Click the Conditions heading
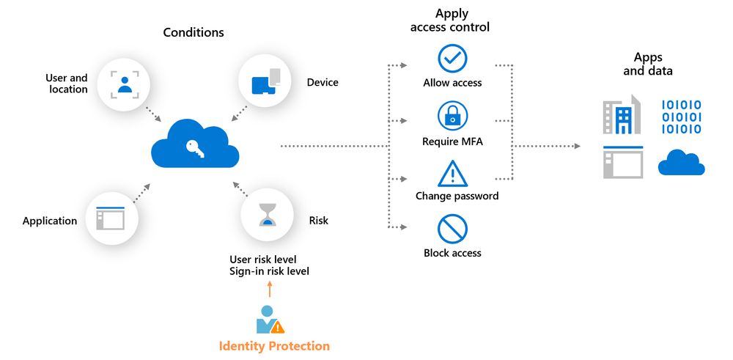coord(194,32)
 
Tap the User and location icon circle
coord(125,82)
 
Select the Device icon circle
coord(266,81)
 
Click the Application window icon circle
coord(111,218)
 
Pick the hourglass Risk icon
coord(268,215)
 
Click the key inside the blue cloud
coord(195,146)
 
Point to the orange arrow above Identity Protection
coord(269,288)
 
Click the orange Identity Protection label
coord(274,346)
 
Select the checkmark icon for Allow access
coord(452,58)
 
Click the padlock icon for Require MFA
coord(452,116)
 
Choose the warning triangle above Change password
coord(452,173)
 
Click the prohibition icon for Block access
coord(452,229)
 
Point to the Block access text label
coord(452,254)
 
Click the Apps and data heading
coord(647,65)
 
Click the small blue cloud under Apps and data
coord(681,163)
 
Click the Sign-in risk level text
coord(269,271)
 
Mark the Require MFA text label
coord(452,141)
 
